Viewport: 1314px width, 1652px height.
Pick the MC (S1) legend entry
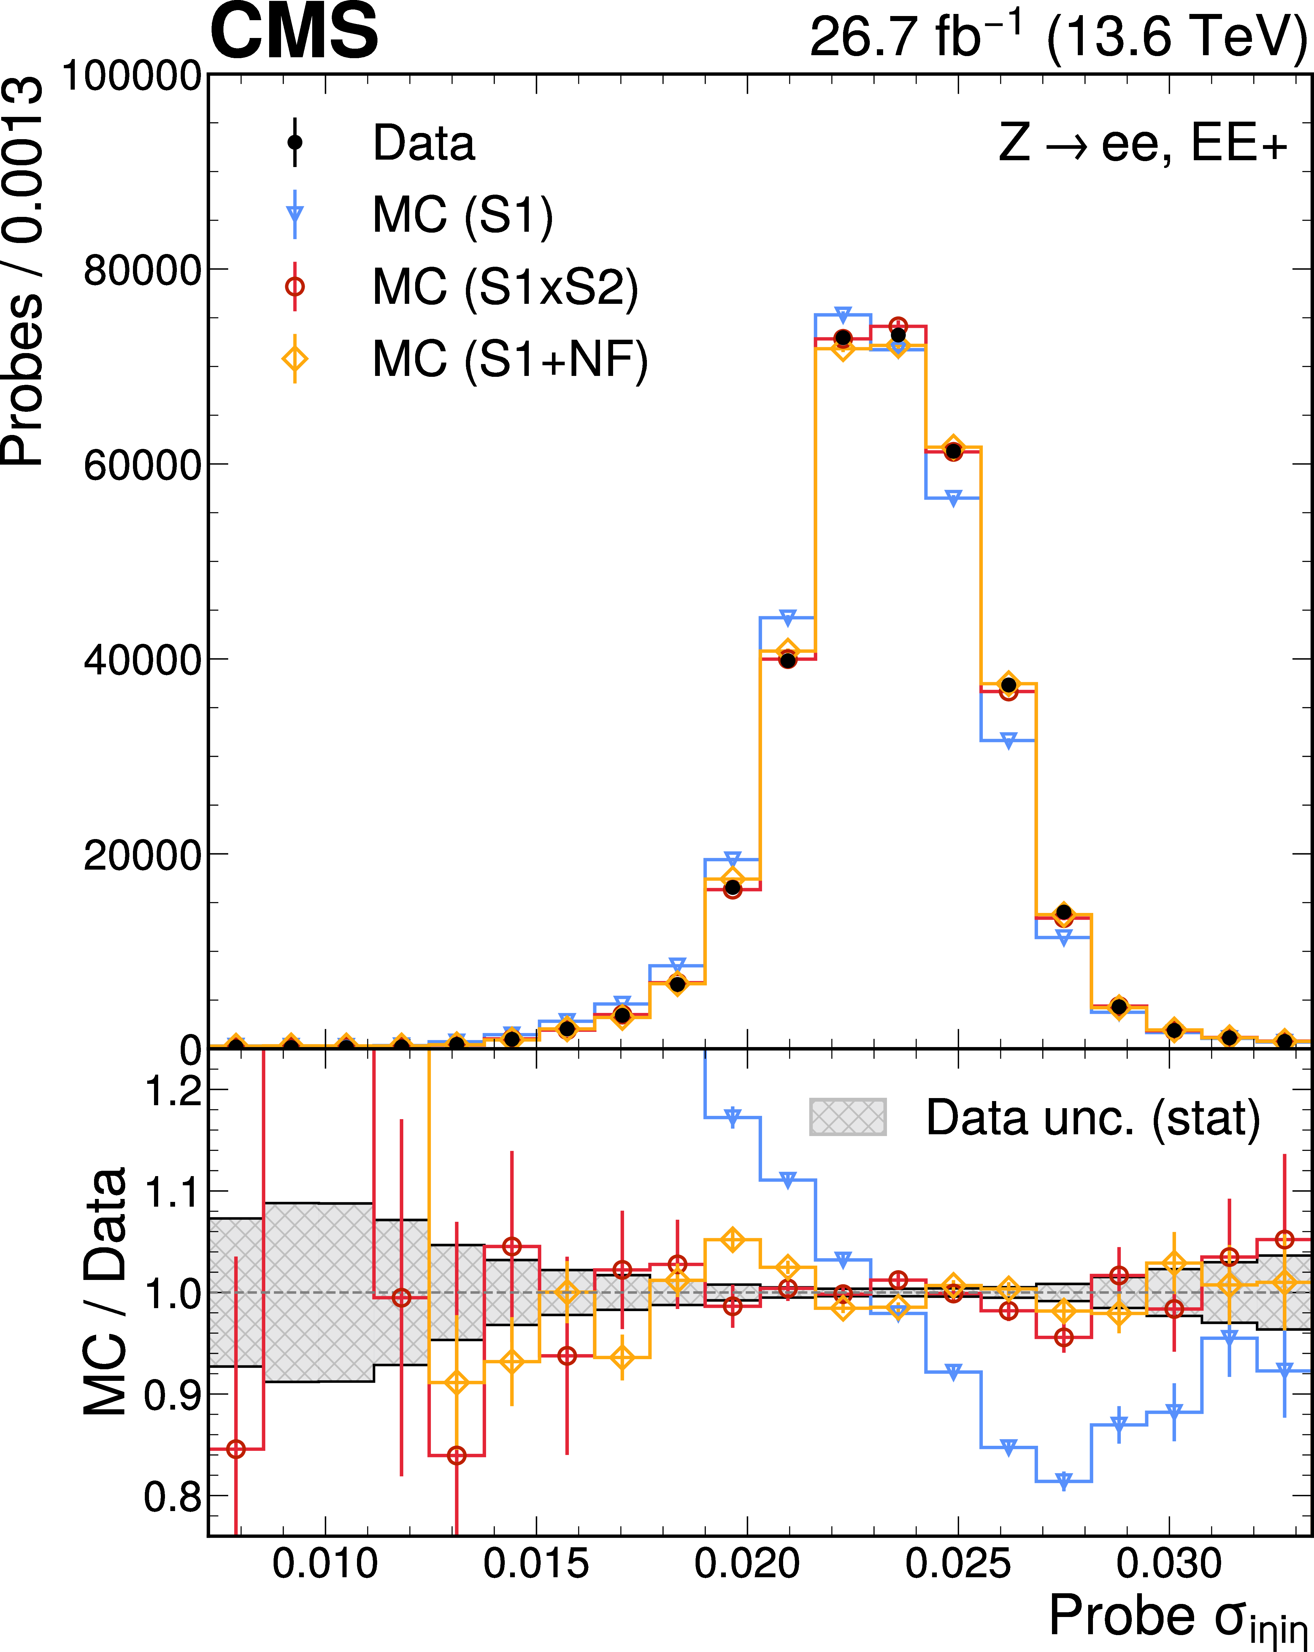[x=418, y=215]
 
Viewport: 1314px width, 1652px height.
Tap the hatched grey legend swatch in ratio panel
[x=848, y=1116]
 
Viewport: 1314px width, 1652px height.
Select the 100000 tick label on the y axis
[x=132, y=76]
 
